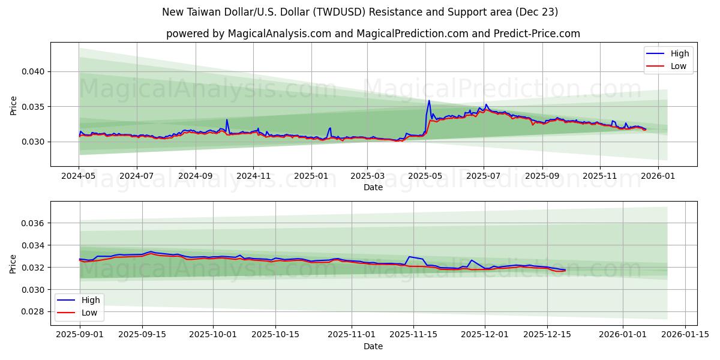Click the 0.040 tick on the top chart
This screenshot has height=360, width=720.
pos(33,71)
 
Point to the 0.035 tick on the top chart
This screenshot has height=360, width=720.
pos(33,107)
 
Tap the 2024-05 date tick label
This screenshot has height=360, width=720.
pos(79,176)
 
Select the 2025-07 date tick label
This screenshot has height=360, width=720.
pos(484,176)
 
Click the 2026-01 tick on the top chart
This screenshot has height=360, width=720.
pos(658,176)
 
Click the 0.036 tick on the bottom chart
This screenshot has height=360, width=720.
pos(33,223)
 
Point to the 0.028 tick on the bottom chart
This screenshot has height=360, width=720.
pos(33,311)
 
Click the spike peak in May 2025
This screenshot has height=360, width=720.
pos(429,100)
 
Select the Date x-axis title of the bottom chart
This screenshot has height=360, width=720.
pos(373,346)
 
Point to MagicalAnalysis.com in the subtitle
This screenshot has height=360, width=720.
pos(279,34)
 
